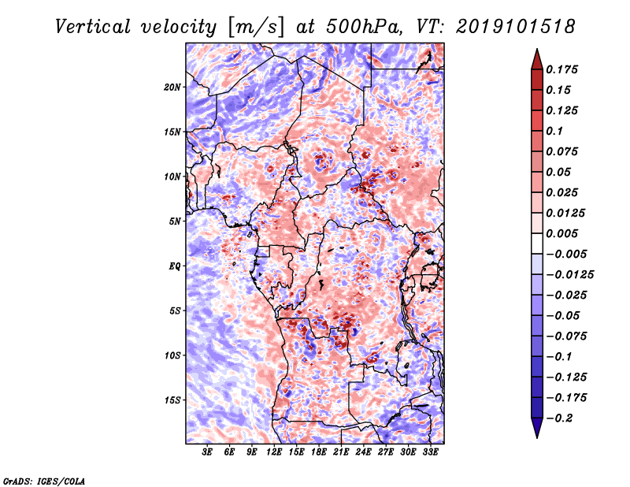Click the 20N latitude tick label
(172, 87)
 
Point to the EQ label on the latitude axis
(175, 266)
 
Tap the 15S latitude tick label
(172, 400)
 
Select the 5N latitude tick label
(175, 221)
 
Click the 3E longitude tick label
(207, 452)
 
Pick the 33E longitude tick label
(430, 452)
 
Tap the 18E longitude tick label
(319, 452)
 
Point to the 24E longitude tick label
(363, 452)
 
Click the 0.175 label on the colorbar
(561, 69)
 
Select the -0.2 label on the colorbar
(559, 418)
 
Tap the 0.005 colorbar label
(561, 233)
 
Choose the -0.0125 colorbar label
(569, 275)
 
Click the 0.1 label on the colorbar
(554, 131)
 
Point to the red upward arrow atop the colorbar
(537, 59)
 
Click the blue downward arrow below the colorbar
(537, 428)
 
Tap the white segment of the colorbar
(537, 243)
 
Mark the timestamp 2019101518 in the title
(516, 27)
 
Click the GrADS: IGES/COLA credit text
(44, 481)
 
